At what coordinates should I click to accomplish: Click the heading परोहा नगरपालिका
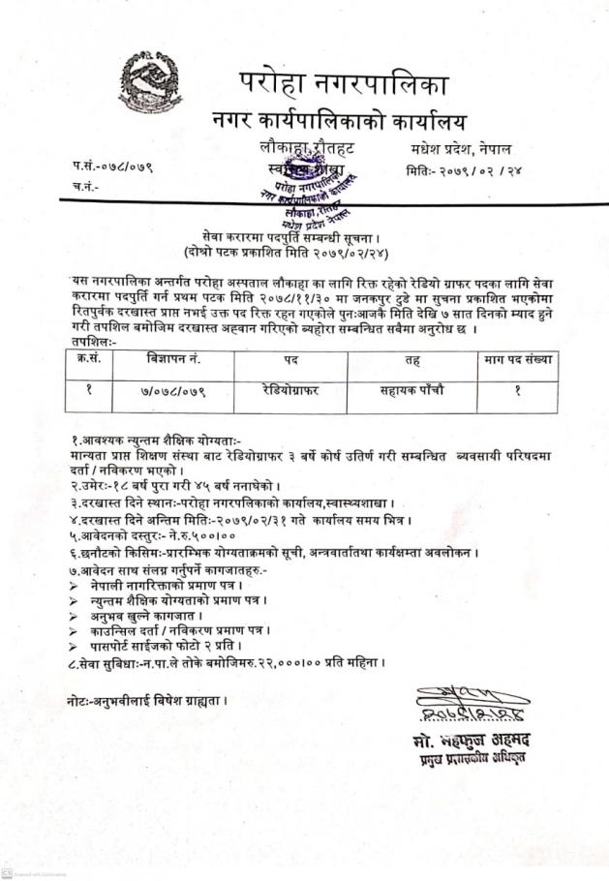[343, 85]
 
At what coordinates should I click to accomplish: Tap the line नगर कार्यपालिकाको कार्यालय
[339, 123]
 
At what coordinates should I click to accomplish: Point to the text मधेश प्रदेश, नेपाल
[460, 149]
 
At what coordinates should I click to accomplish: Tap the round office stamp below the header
[313, 190]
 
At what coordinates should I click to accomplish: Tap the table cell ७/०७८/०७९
[173, 391]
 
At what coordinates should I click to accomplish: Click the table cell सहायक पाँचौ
[406, 391]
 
